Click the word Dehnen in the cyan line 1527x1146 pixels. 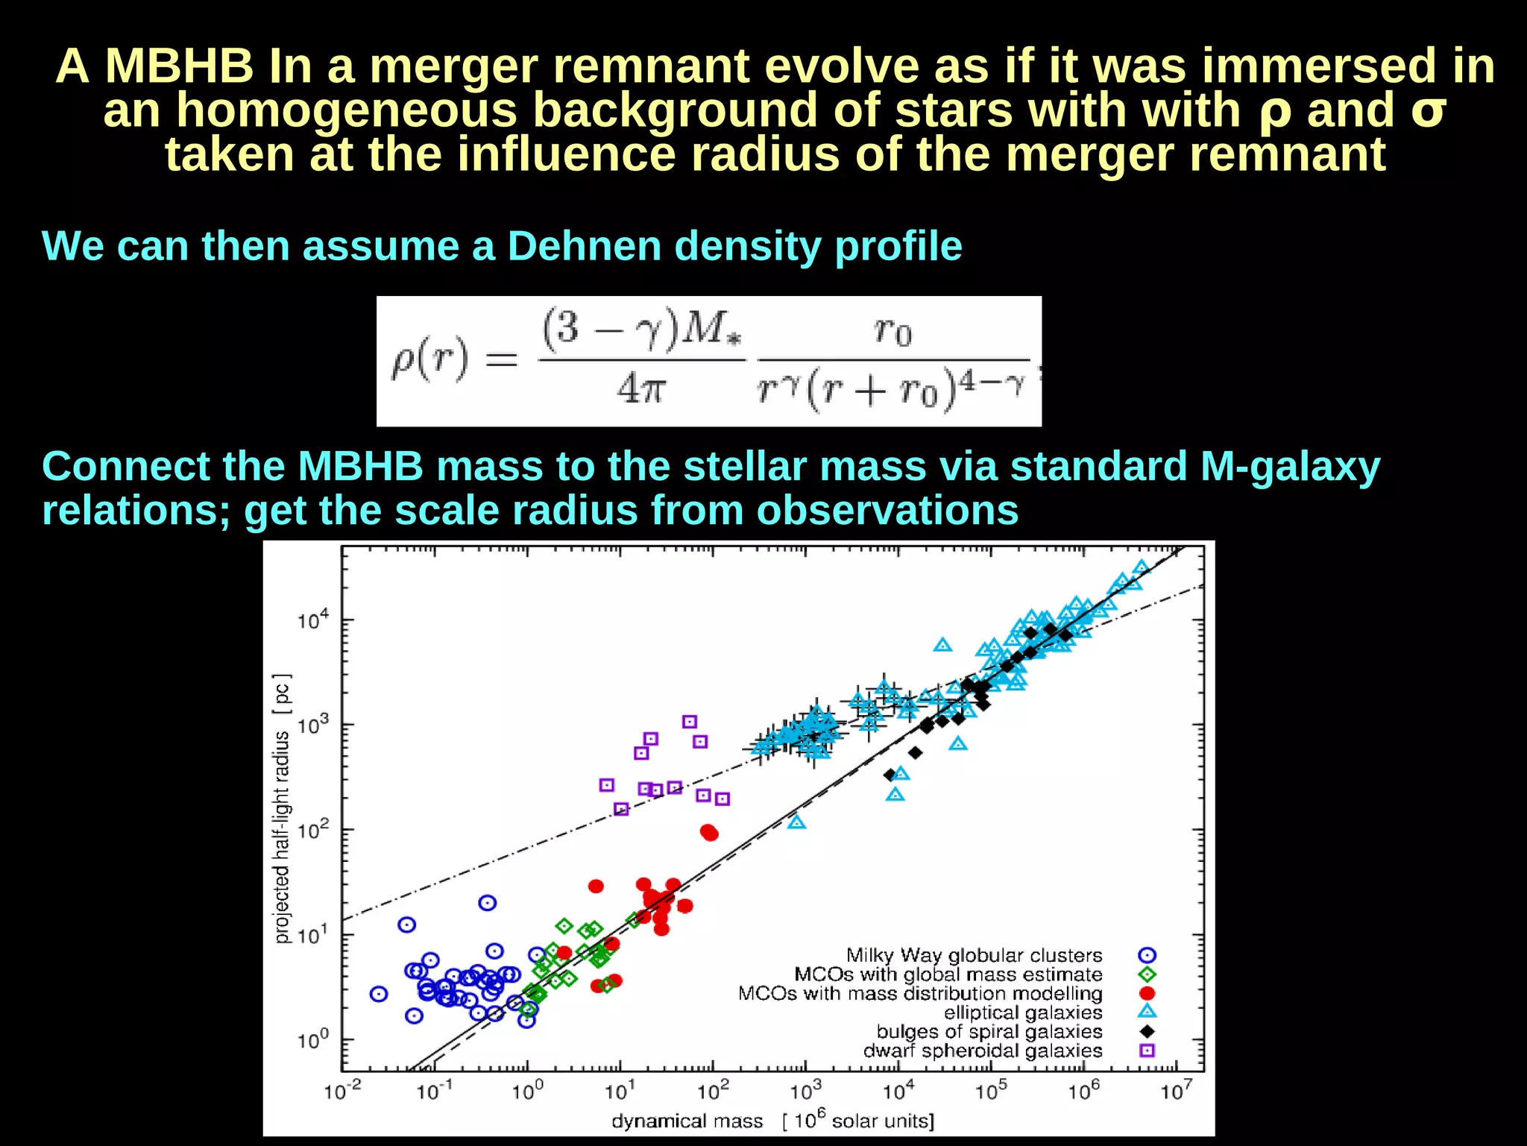click(x=584, y=246)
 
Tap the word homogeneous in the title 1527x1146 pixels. click(x=347, y=110)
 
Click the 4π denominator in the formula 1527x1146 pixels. click(x=640, y=388)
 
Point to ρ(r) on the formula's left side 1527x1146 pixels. click(x=430, y=359)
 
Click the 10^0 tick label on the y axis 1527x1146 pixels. click(x=312, y=1039)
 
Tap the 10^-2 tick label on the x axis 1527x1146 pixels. click(x=342, y=1092)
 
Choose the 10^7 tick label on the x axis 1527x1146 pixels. click(x=1176, y=1092)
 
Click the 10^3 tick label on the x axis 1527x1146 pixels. click(x=805, y=1092)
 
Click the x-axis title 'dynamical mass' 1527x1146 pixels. click(x=687, y=1121)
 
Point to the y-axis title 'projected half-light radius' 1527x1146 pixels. click(x=282, y=809)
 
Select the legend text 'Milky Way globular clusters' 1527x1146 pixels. click(x=974, y=955)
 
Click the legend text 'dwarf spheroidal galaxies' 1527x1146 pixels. click(x=982, y=1051)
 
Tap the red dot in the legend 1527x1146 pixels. click(x=1147, y=993)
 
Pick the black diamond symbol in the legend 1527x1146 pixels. click(x=1147, y=1031)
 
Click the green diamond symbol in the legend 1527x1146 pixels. click(x=1147, y=975)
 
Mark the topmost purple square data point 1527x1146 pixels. click(x=690, y=722)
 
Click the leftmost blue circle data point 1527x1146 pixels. click(x=379, y=994)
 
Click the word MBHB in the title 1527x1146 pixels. click(x=179, y=66)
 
